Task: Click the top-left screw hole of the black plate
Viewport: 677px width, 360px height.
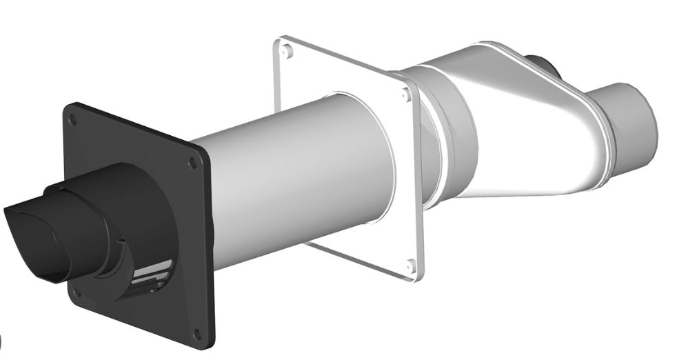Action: [75, 121]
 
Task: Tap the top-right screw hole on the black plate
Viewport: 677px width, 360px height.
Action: [191, 163]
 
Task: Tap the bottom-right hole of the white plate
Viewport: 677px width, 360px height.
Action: [411, 265]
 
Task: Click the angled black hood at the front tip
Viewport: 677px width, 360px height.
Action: [31, 221]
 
